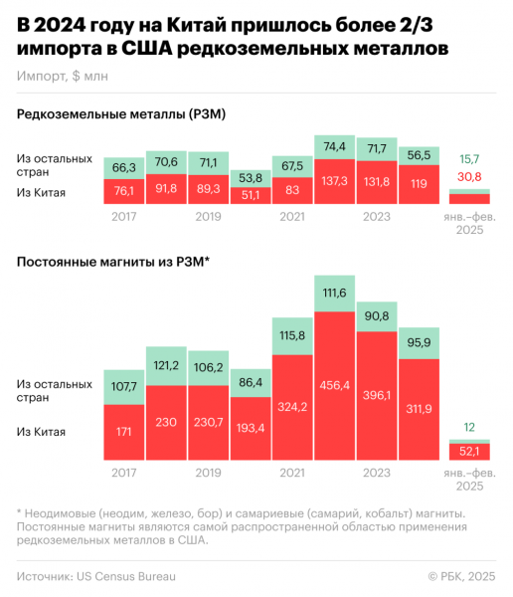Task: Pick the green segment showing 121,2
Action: click(x=166, y=364)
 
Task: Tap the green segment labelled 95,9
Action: click(x=419, y=343)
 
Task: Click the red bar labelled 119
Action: click(x=419, y=184)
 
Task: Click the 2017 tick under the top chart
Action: click(x=123, y=216)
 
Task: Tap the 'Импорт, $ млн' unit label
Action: click(x=64, y=76)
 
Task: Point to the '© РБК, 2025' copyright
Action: click(x=460, y=575)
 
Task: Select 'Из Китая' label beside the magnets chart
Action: click(x=42, y=431)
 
